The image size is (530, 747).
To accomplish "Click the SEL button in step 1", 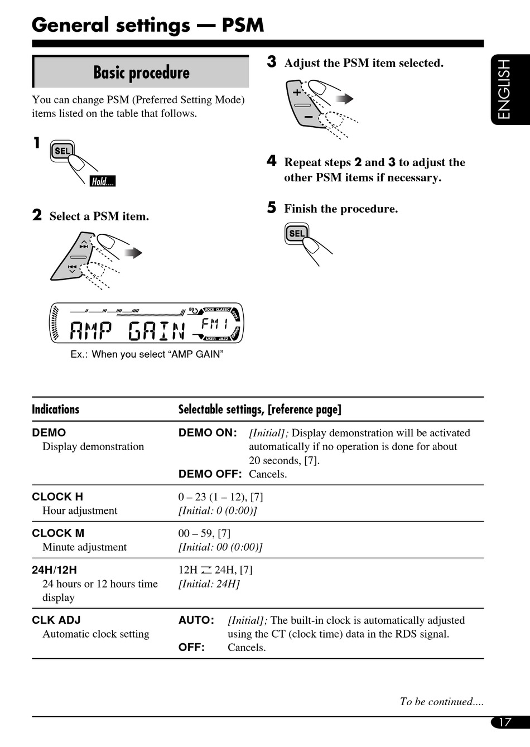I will [x=62, y=151].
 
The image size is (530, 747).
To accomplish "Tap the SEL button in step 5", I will [x=297, y=233].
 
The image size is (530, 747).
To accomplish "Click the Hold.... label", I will [x=103, y=181].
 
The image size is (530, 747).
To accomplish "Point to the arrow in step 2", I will [x=134, y=253].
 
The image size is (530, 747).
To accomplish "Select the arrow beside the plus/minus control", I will [x=345, y=99].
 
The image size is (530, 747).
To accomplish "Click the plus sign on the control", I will [x=297, y=92].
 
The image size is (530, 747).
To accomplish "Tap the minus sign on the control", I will [x=308, y=117].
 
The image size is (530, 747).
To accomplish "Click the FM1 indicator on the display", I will [x=215, y=324].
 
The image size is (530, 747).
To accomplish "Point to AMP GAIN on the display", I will [x=127, y=331].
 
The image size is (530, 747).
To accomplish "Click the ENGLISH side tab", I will [x=504, y=89].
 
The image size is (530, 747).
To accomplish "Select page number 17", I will [x=504, y=722].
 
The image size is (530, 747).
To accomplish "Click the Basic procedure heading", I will [x=141, y=73].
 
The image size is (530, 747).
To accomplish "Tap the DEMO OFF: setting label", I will [x=210, y=474].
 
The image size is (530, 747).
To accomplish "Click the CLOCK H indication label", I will [x=57, y=497].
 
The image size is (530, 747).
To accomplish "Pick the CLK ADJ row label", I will [x=56, y=620].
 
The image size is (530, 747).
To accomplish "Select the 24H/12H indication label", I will [x=55, y=570].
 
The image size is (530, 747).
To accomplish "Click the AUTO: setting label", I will [x=196, y=620].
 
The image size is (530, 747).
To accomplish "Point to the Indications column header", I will [x=56, y=409].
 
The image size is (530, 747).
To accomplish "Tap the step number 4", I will [x=272, y=161].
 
